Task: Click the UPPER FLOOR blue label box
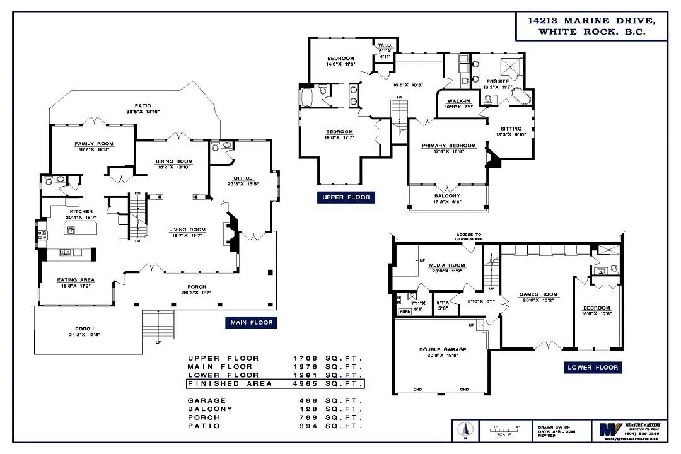[346, 197]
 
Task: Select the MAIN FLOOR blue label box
[251, 322]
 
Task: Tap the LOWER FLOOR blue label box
[593, 368]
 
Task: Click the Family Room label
[93, 144]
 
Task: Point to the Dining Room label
[173, 161]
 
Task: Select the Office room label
[243, 178]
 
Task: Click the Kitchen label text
[82, 212]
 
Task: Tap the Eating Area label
[76, 279]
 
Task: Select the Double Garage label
[442, 349]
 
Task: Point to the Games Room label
[538, 294]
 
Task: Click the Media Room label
[446, 265]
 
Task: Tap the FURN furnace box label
[404, 311]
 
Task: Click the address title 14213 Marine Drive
[591, 21]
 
